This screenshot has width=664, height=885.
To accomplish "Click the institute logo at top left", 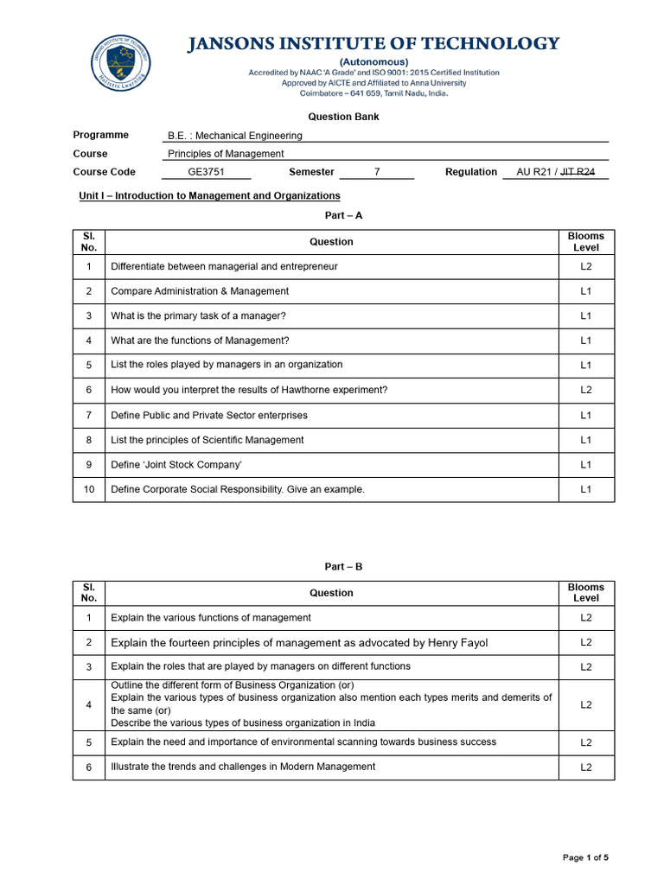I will [x=121, y=66].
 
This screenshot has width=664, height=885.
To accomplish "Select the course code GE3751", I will [x=206, y=172].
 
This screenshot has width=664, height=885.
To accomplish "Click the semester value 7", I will [x=377, y=172].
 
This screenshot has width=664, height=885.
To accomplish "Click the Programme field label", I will [x=101, y=135].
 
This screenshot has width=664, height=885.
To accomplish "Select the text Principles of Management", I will [x=225, y=154].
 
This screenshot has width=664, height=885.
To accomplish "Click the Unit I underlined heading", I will [x=209, y=196].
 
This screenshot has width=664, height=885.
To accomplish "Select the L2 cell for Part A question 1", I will [x=585, y=267].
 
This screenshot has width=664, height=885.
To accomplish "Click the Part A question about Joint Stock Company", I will [x=176, y=465].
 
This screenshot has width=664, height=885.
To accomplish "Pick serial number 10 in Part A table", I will [x=89, y=490].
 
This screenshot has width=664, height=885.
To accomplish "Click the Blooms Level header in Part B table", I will [x=585, y=593].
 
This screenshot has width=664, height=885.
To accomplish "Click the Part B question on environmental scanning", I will [x=303, y=742].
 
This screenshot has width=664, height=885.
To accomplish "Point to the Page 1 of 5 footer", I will [x=585, y=857].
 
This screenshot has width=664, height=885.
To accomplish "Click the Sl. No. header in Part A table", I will [x=89, y=242].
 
